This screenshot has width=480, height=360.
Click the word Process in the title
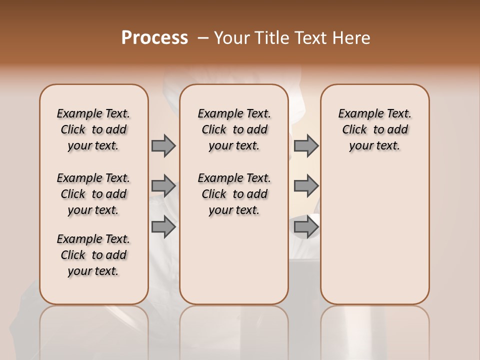154,38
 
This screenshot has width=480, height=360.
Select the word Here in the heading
351,38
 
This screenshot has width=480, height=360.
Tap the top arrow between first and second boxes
163,145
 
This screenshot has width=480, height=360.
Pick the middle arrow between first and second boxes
163,186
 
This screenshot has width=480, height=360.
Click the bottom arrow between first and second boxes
163,227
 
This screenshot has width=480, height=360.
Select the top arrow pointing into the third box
306,145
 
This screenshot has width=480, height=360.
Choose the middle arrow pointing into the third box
306,186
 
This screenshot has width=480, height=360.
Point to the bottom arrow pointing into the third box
306,227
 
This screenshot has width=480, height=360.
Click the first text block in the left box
93,129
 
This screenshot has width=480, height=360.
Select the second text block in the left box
93,194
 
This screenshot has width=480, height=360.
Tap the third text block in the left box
93,255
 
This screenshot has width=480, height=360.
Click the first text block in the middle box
234,129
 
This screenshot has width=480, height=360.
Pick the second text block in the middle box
234,194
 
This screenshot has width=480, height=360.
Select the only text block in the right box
374,129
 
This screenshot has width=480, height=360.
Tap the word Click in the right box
354,130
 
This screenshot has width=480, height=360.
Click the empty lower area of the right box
374,235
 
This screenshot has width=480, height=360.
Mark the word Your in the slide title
231,38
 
